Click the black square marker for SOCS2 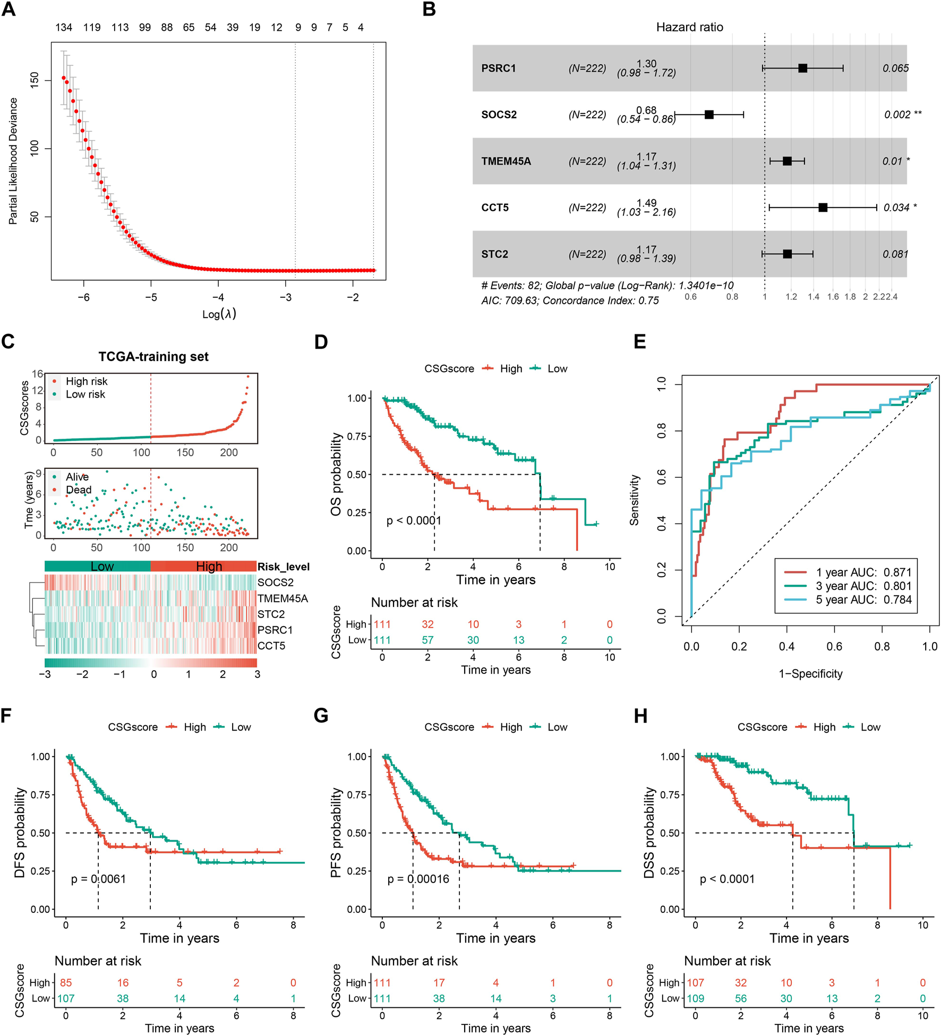(709, 115)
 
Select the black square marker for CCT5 (823, 208)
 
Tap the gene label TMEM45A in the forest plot (506, 161)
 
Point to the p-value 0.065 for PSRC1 (895, 69)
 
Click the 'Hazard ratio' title (689, 27)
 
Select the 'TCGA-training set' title (153, 357)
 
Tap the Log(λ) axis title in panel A (219, 314)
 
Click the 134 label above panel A (64, 28)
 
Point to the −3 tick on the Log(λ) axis (285, 297)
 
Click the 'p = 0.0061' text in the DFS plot (99, 879)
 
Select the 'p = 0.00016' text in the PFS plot (418, 879)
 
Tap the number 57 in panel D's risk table (427, 640)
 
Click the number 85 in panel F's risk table (66, 982)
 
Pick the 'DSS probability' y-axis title (649, 832)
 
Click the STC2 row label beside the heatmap (271, 614)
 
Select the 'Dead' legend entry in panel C (78, 490)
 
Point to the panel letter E (640, 341)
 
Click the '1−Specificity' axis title (810, 674)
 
